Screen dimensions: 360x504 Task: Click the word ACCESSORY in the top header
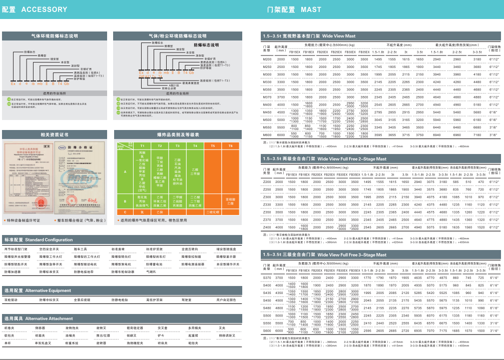44,9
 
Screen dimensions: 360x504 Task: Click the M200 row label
267,59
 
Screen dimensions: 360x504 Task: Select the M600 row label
267,135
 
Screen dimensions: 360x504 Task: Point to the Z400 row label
267,227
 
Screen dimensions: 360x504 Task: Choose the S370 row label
267,277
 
